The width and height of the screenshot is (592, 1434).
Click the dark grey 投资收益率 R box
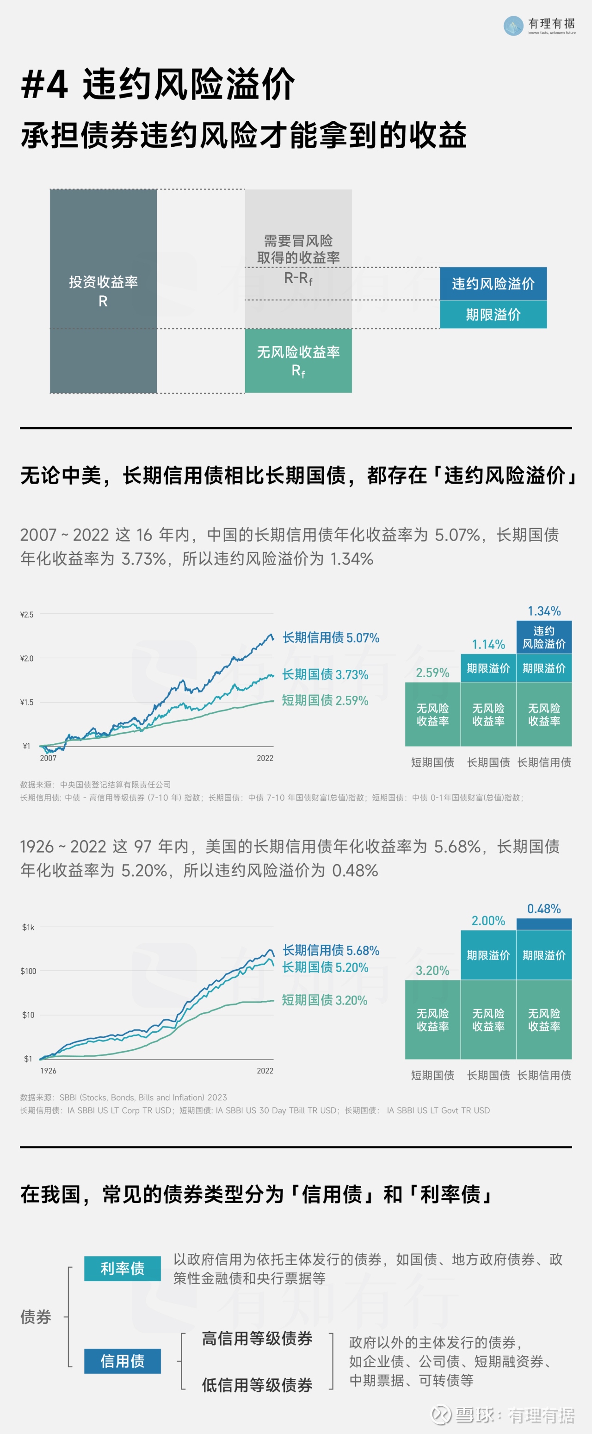coord(104,291)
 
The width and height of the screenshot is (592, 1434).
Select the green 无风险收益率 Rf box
coord(298,360)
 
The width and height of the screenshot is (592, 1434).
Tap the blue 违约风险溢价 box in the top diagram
coord(493,284)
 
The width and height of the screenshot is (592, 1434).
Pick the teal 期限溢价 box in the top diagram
coord(493,314)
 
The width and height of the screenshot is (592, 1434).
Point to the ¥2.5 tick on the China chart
coord(27,615)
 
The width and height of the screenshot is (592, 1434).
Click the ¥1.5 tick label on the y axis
coord(27,702)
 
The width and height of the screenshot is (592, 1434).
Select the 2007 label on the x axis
coord(49,758)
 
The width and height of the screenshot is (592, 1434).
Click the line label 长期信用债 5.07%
coord(331,637)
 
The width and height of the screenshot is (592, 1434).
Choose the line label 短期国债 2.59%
coord(325,700)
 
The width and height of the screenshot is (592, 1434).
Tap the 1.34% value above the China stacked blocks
coord(544,611)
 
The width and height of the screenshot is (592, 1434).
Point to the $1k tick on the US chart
coord(28,928)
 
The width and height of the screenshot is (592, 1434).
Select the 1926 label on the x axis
coord(49,1071)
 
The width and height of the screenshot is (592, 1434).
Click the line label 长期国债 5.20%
coord(325,967)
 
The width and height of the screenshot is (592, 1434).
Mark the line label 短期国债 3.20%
coord(325,1000)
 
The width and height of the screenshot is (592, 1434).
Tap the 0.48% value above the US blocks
coord(544,909)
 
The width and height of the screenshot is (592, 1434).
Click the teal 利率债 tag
coord(123,1269)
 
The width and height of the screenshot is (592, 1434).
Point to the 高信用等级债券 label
coord(257,1338)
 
